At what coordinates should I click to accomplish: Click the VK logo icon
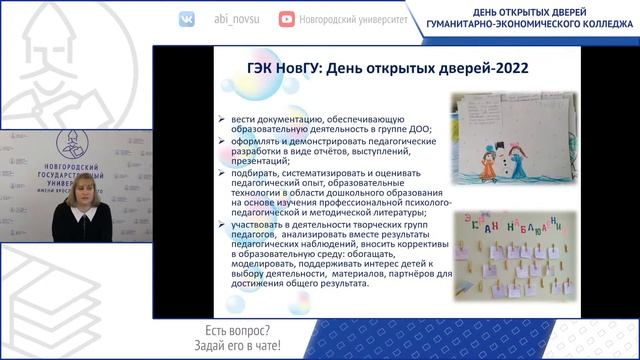coord(187,19)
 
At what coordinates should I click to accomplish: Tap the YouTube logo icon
coord(288,19)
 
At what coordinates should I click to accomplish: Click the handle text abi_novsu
coord(236,19)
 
